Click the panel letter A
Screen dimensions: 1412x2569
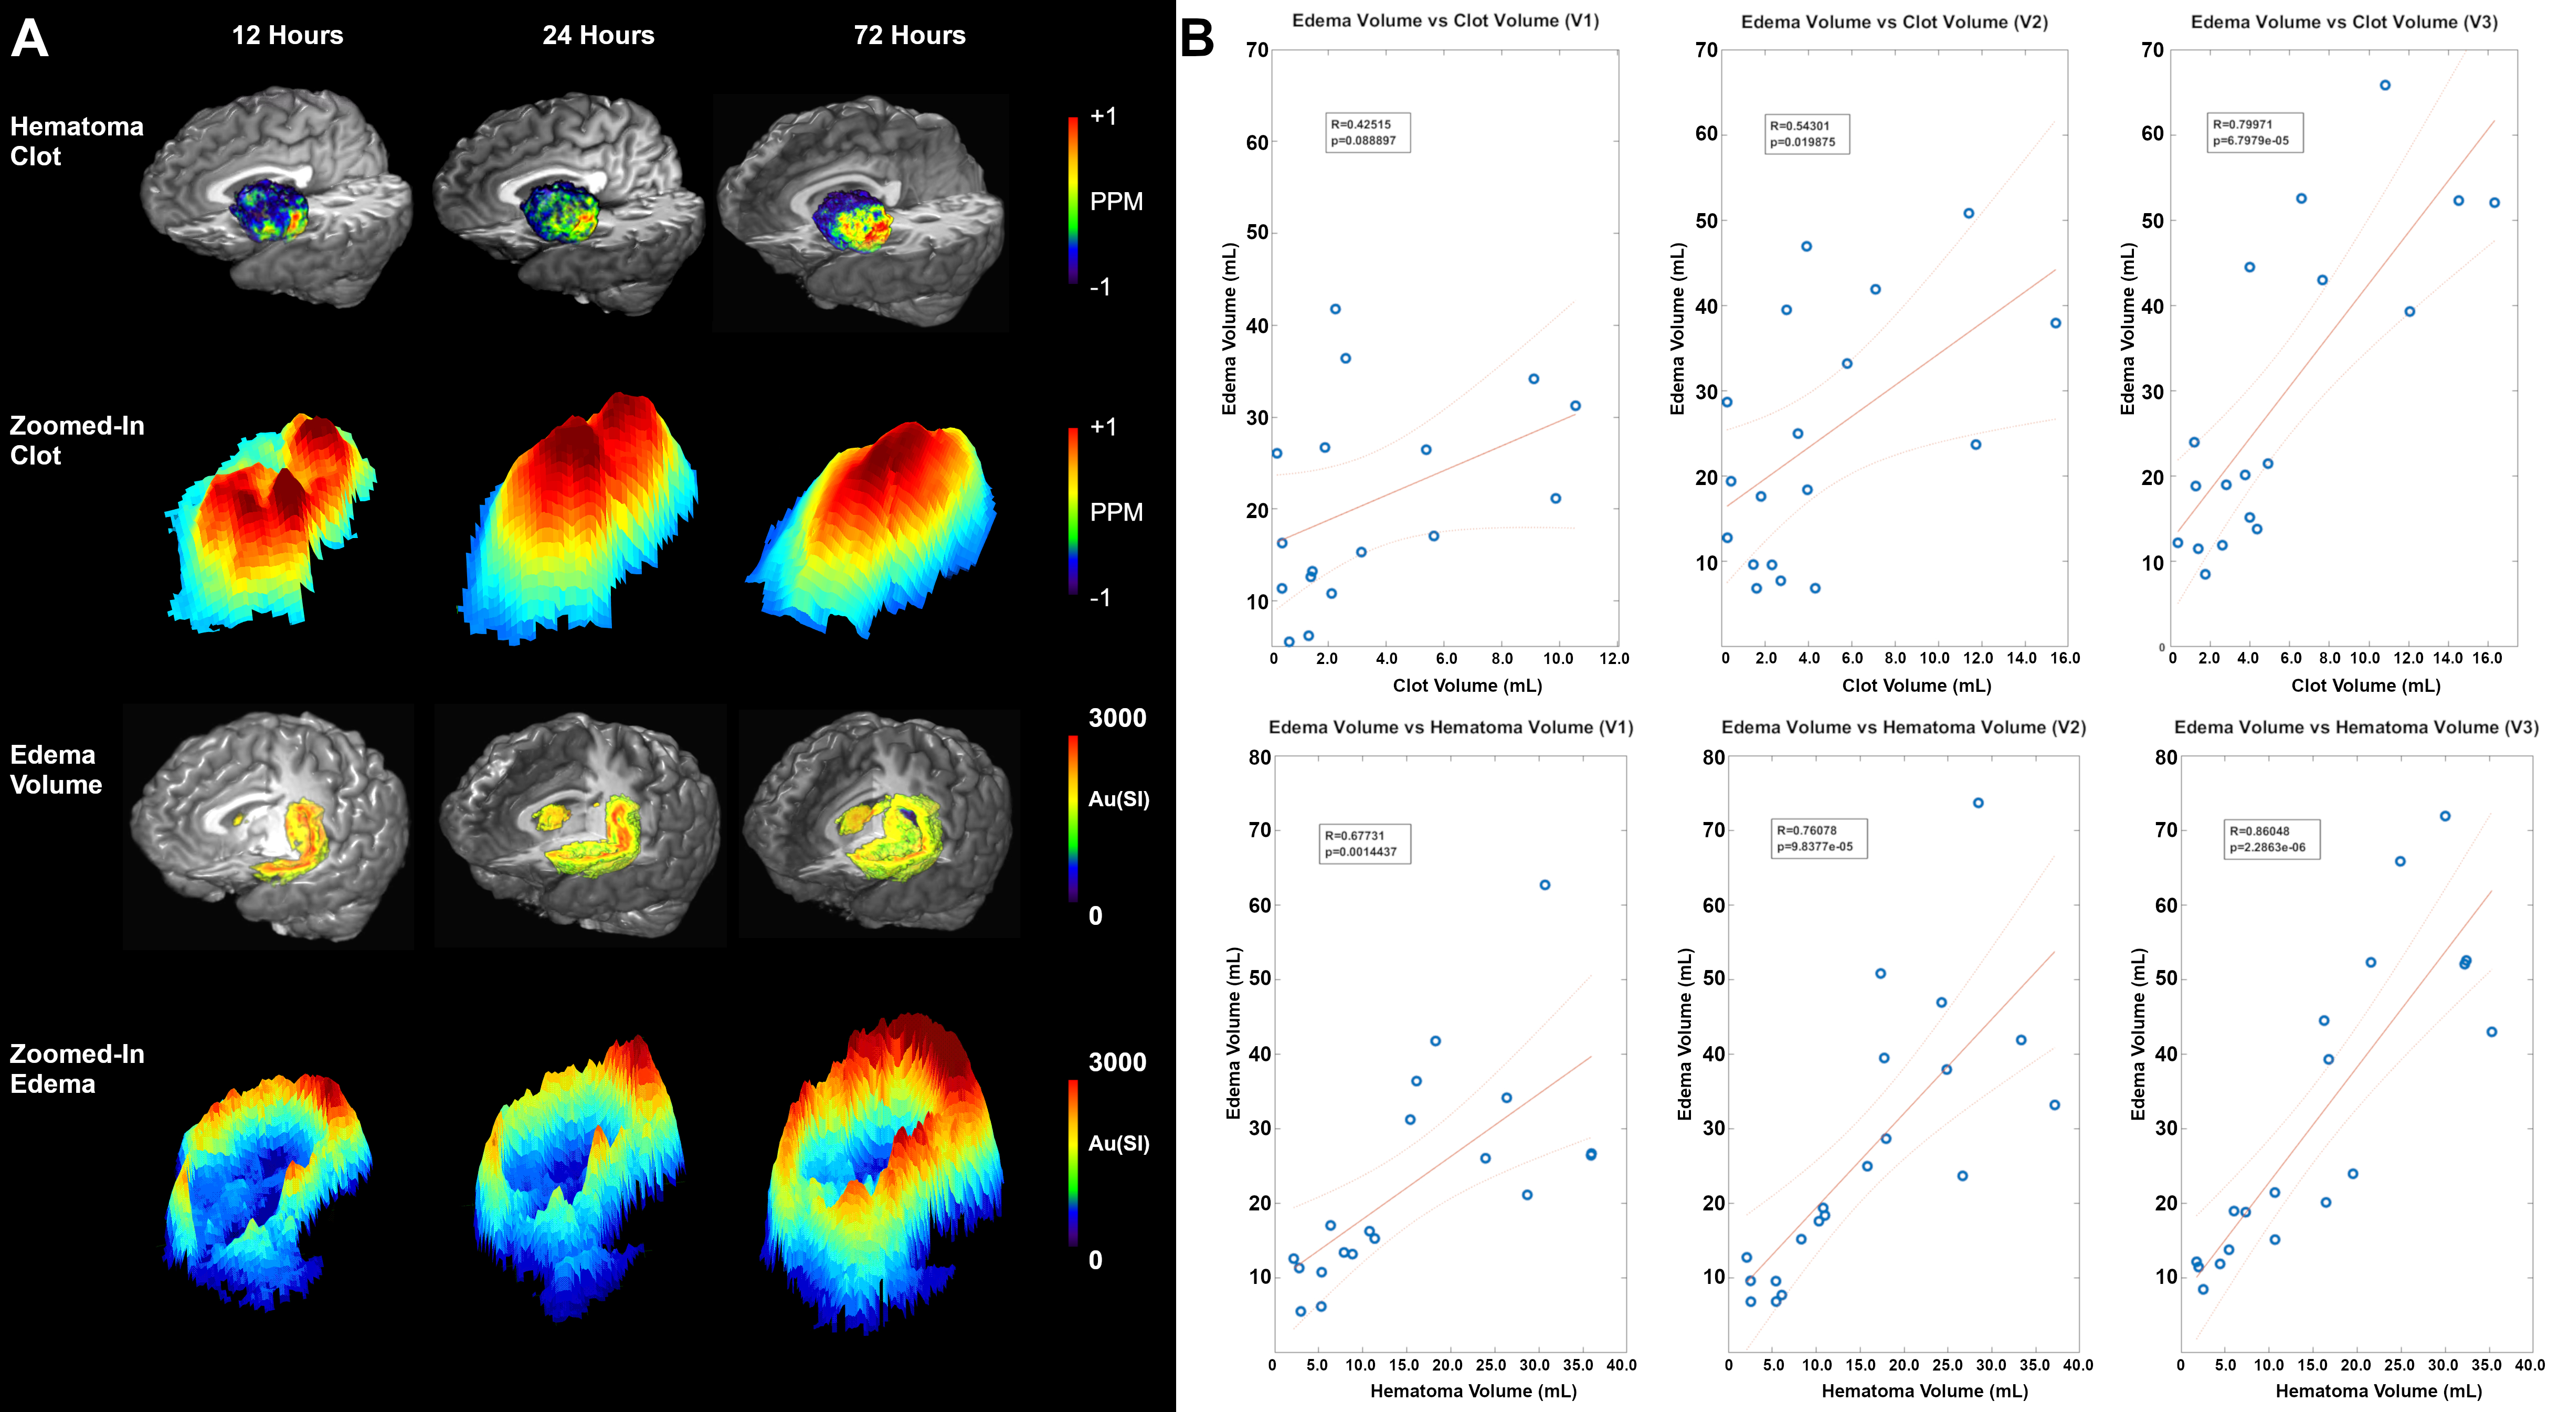tap(30, 38)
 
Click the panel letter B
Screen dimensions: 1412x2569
tap(1197, 38)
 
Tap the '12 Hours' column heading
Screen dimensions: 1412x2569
tap(287, 36)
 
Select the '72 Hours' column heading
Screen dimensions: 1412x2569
tap(910, 36)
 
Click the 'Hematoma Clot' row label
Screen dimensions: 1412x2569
tap(76, 142)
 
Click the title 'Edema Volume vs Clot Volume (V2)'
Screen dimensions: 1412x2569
tap(1894, 22)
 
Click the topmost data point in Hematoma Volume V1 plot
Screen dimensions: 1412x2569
tap(1545, 884)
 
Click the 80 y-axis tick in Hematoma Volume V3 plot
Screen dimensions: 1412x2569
tap(2165, 758)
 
